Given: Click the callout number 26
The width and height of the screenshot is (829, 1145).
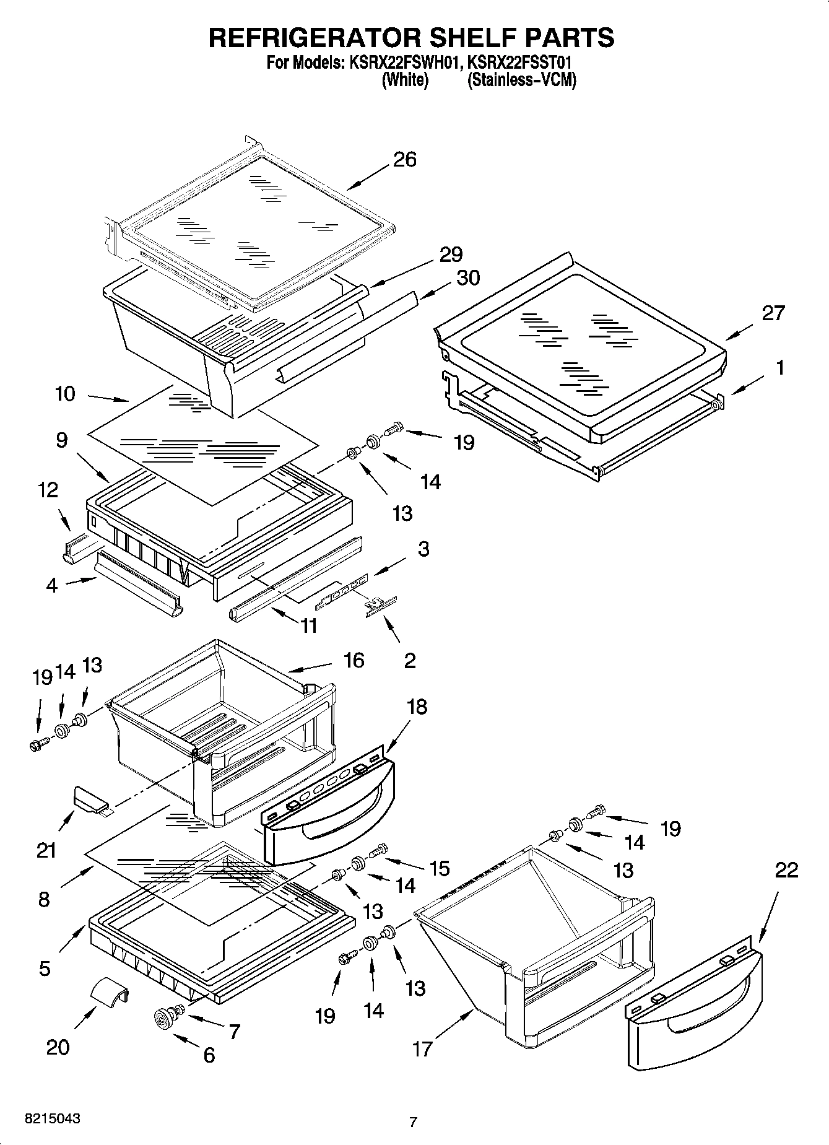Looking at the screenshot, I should point(405,159).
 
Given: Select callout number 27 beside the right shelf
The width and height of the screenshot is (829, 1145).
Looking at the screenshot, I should point(773,313).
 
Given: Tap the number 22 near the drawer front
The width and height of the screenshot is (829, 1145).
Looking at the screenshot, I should point(786,870).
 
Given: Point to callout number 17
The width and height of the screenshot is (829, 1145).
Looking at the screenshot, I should point(422,1049).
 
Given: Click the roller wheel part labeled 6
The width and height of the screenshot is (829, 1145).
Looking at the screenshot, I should point(164,1019).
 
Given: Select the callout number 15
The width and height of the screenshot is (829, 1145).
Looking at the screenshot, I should point(440,868).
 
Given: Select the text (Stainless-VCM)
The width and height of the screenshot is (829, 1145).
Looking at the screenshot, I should point(522,81).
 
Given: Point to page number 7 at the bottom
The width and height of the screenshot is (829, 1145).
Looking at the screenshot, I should point(414,1121).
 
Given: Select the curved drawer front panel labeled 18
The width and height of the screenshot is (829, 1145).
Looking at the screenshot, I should point(328,811).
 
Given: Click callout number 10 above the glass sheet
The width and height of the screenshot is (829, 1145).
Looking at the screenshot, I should point(65,393).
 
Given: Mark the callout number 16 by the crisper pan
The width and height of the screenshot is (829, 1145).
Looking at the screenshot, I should point(354,660).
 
